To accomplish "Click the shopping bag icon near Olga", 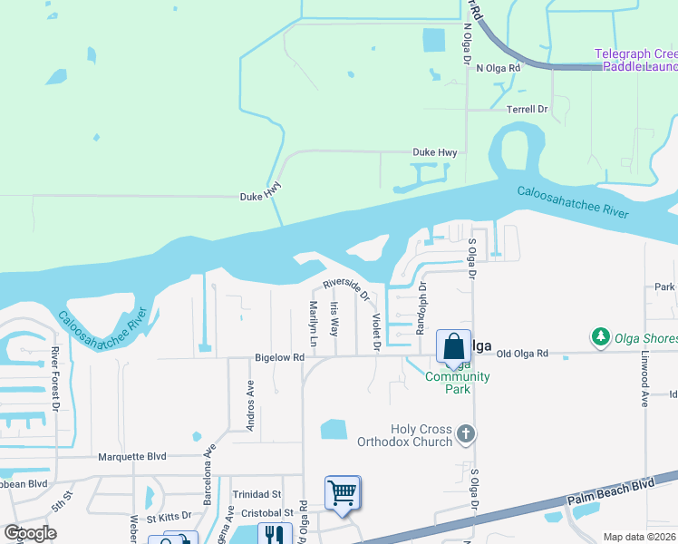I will click(453, 347).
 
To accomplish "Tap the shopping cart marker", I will click(344, 492).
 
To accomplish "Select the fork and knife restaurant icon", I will click(275, 534).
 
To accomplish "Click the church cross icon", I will click(465, 434).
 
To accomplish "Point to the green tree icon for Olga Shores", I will click(600, 337).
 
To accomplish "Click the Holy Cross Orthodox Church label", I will click(421, 435).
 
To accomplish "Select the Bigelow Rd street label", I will click(278, 358).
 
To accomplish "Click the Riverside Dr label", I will click(347, 289).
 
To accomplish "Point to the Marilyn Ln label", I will click(313, 324).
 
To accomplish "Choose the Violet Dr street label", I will click(375, 332).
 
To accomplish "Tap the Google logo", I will click(31, 533).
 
